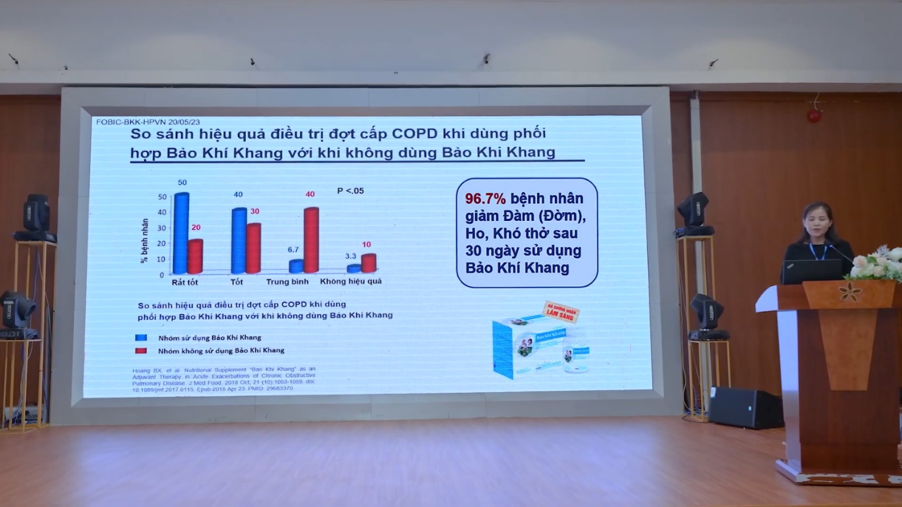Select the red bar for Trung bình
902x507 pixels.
(310, 240)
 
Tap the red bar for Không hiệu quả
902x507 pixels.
(369, 263)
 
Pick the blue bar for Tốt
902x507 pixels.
(239, 240)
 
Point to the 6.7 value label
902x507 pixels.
(293, 250)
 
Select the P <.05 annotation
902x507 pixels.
(350, 191)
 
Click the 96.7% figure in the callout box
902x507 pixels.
(486, 198)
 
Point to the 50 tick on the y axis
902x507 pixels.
(162, 197)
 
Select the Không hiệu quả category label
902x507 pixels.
(350, 282)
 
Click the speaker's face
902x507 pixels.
(818, 225)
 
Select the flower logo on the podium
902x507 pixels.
(850, 292)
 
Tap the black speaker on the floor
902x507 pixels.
(745, 408)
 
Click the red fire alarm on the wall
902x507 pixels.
(814, 116)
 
